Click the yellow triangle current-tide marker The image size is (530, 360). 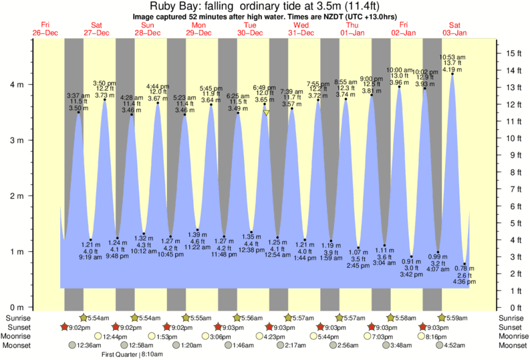(x=266, y=114)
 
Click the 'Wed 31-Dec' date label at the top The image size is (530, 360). (x=301, y=29)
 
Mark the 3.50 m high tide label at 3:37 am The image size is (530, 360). (x=78, y=108)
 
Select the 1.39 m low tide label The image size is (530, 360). (x=198, y=235)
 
